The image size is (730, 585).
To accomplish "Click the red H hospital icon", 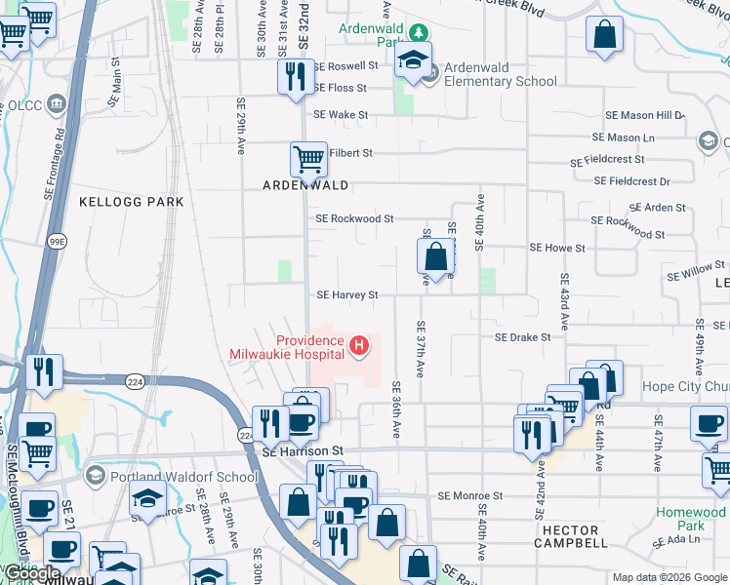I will click(360, 345).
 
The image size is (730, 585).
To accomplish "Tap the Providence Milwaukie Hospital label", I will click(287, 347).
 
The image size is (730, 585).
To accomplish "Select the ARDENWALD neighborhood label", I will click(305, 184).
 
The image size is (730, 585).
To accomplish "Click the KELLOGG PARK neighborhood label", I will click(131, 201).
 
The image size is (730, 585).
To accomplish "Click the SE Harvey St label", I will click(346, 294).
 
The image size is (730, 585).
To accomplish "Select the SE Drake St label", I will click(522, 337).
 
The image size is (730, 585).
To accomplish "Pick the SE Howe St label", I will click(556, 249).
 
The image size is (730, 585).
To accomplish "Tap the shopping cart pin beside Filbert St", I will click(308, 159).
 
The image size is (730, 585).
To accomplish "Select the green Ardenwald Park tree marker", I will click(418, 31).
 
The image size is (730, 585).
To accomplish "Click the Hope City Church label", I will click(685, 386).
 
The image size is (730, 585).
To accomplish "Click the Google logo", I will click(31, 573).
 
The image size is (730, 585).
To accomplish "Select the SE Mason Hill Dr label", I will click(645, 115).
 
